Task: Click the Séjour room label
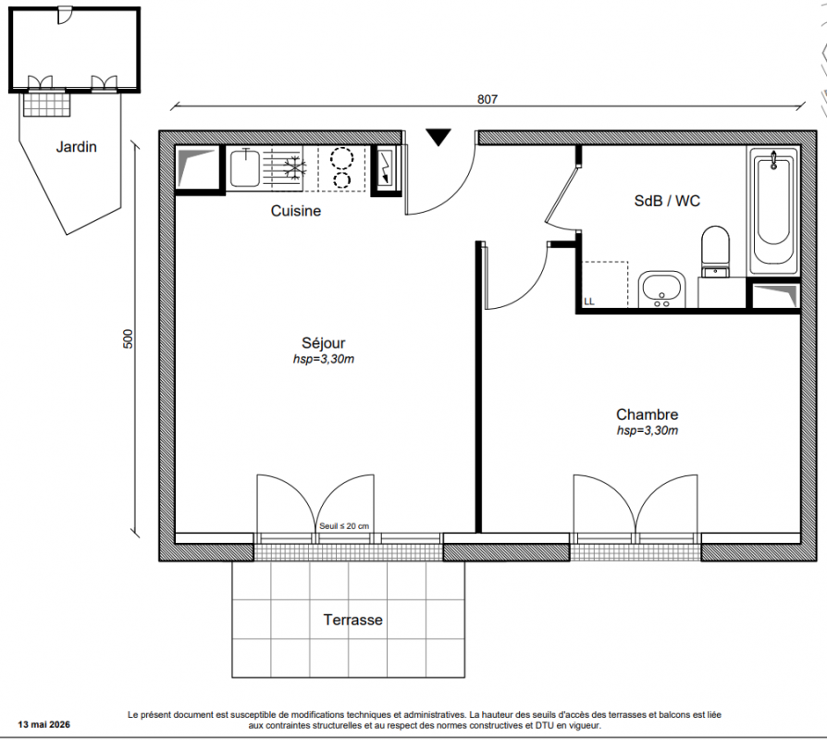(324, 343)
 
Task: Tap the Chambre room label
(648, 414)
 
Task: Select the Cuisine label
(296, 211)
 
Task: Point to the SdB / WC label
(667, 201)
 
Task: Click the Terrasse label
(352, 620)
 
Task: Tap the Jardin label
(77, 147)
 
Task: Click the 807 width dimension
(488, 99)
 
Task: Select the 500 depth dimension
(129, 339)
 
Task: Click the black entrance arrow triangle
(438, 137)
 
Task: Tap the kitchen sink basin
(245, 168)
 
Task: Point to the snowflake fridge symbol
(295, 167)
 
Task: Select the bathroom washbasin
(661, 289)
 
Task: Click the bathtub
(773, 210)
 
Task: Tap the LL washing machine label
(589, 302)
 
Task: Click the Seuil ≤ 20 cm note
(344, 525)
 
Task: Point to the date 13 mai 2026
(43, 724)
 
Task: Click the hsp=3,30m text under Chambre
(648, 430)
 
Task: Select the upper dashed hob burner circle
(341, 157)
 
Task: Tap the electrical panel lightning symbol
(386, 167)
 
